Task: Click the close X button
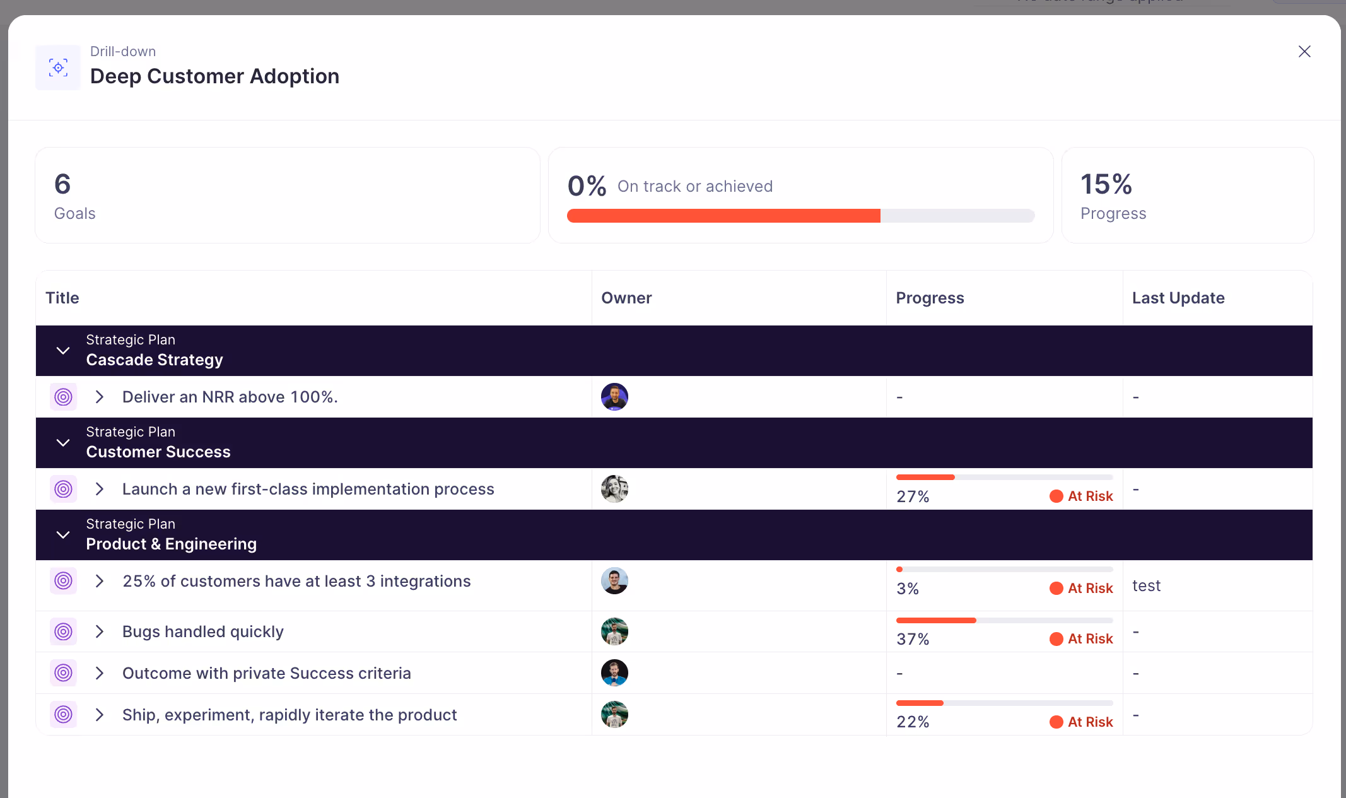click(x=1304, y=51)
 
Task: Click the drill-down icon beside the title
click(x=58, y=67)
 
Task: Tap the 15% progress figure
click(x=1106, y=184)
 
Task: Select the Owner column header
click(x=626, y=298)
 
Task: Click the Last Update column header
click(x=1178, y=298)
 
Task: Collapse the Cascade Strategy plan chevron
click(x=63, y=351)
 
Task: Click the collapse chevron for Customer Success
click(x=63, y=443)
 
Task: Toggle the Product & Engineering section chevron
click(x=63, y=535)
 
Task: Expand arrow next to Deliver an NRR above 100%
click(x=99, y=397)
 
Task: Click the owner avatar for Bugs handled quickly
click(x=614, y=631)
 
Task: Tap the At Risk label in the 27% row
click(x=1089, y=496)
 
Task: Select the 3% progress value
click(x=907, y=589)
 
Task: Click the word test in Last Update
click(x=1146, y=586)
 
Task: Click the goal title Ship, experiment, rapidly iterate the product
click(x=290, y=715)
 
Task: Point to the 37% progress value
click(x=912, y=639)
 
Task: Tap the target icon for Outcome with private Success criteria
click(x=64, y=673)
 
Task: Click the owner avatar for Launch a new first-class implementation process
click(x=614, y=489)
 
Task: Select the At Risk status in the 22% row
click(x=1089, y=722)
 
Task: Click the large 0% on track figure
click(x=587, y=186)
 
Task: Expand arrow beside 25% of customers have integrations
click(x=99, y=581)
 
